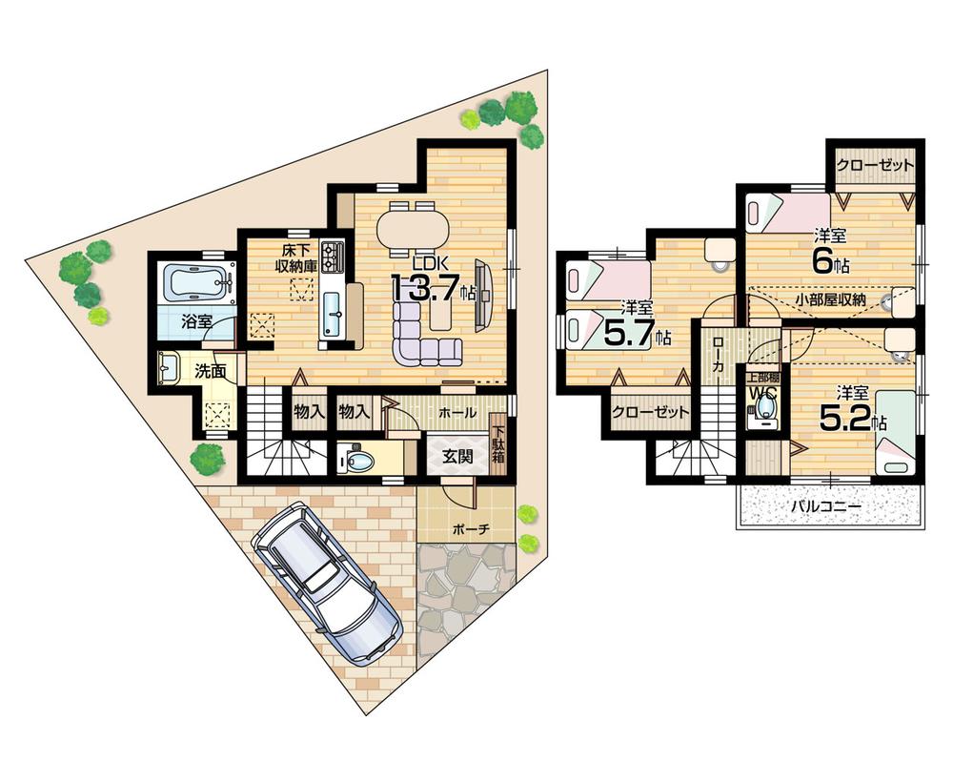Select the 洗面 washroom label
(211, 371)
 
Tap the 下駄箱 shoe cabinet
(498, 444)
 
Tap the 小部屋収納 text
(830, 298)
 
